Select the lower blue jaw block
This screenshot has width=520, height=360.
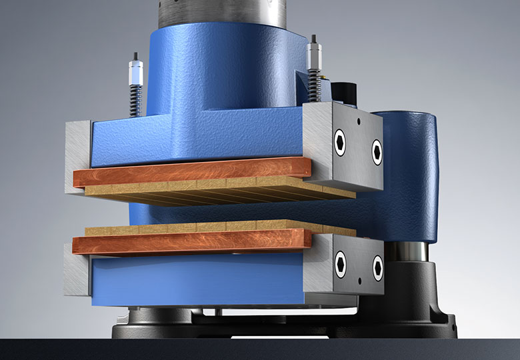pyautogui.click(x=193, y=280)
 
